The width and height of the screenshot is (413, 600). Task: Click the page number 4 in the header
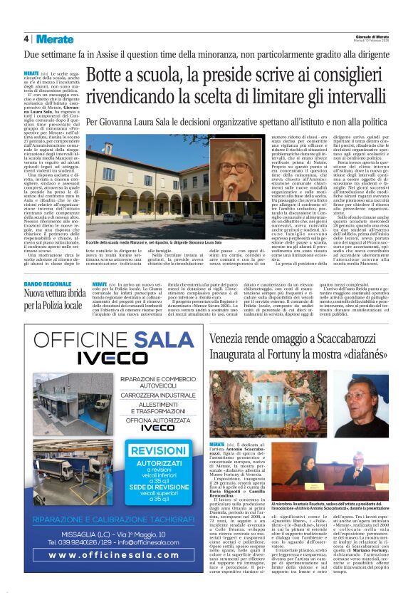pos(26,38)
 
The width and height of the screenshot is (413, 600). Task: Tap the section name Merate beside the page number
pos(54,38)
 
